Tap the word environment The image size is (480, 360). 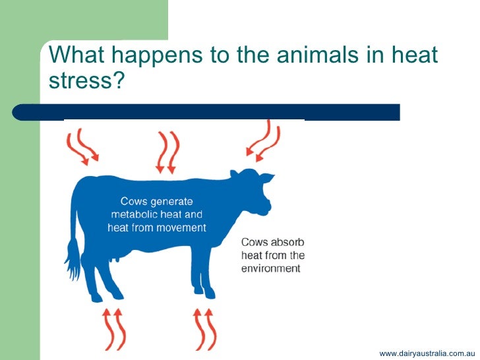[270, 268]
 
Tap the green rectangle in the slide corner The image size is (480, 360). [20, 198]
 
